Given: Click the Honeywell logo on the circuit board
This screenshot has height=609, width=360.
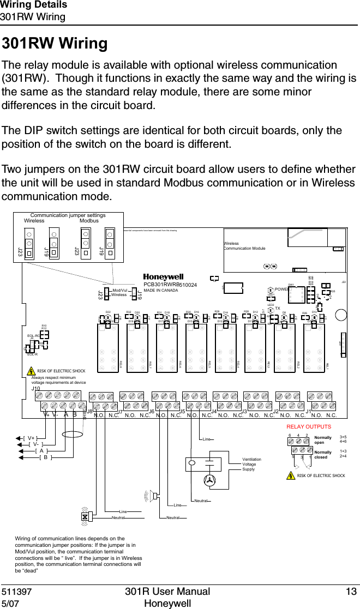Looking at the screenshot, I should tap(163, 277).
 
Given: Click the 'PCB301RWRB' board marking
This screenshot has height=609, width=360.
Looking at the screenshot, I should tap(161, 284).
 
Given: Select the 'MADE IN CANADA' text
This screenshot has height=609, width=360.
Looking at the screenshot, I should tap(161, 290).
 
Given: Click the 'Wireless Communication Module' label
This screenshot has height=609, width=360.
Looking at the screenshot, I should tap(244, 246).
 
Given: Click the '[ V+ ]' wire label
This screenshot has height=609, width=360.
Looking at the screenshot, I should tap(30, 438).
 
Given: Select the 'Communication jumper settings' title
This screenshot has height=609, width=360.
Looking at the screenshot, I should tap(68, 216).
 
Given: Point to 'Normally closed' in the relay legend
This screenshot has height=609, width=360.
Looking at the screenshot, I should tap(323, 455).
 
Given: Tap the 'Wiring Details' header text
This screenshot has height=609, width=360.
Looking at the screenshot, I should tap(34, 5).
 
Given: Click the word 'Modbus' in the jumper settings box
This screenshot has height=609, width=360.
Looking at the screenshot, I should tap(89, 221).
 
